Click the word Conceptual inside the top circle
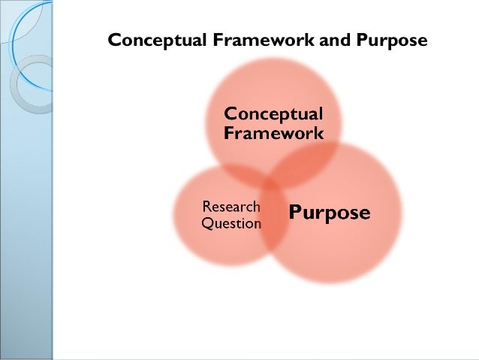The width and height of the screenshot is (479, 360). [274, 115]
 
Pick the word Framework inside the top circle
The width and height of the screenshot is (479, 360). [274, 134]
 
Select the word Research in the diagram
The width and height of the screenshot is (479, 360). [231, 207]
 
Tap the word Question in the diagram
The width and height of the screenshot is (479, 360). [231, 223]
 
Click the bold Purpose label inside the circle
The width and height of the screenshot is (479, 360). [330, 213]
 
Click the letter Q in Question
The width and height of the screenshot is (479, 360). [207, 223]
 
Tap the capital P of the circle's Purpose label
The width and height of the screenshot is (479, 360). [295, 213]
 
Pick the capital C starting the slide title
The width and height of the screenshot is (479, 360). [114, 40]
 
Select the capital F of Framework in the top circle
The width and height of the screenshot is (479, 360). [229, 134]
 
